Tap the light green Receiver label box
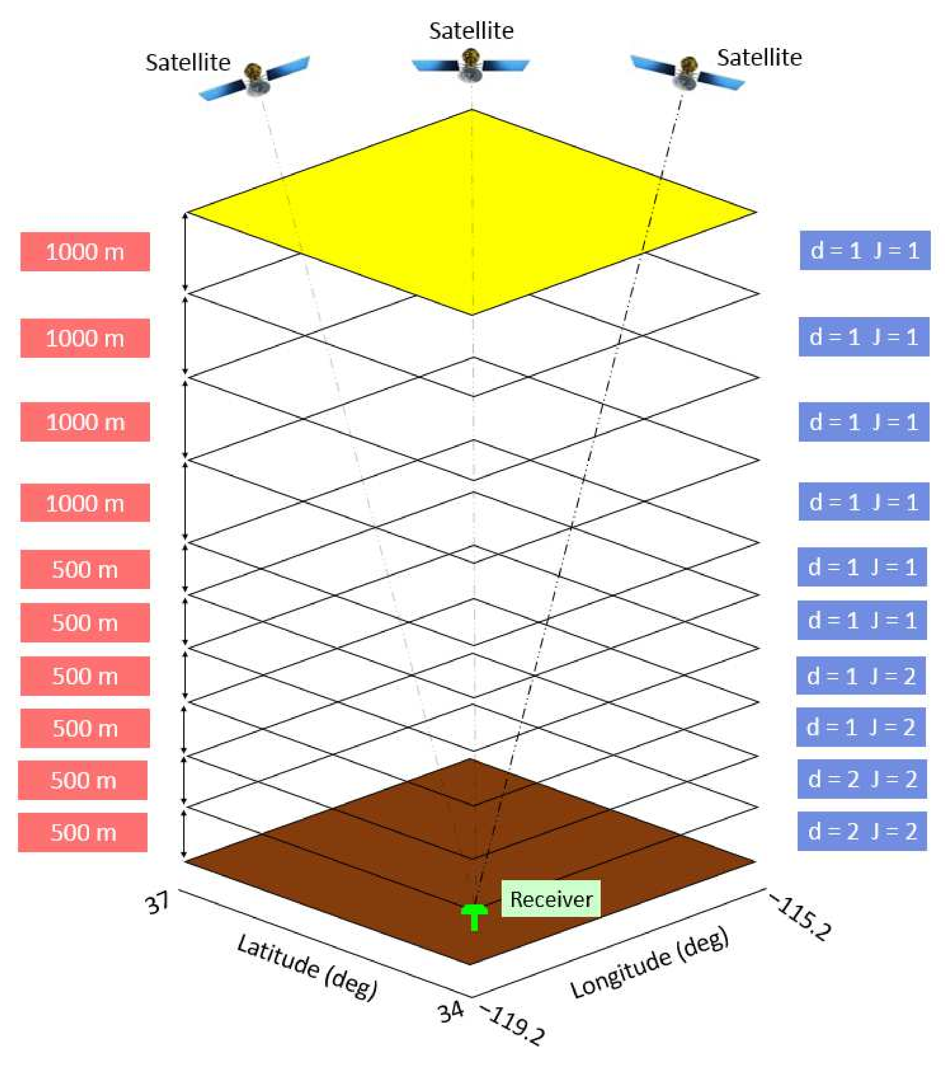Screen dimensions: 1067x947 550,899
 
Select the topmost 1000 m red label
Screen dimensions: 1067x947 85,252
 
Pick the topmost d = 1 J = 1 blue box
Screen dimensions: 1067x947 865,250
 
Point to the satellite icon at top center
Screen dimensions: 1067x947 471,65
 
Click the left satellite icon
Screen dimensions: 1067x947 254,78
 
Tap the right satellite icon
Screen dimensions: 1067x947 687,73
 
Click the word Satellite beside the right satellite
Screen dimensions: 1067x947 759,57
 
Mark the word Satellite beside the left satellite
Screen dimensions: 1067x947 188,63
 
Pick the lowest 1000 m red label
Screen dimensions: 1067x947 85,503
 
